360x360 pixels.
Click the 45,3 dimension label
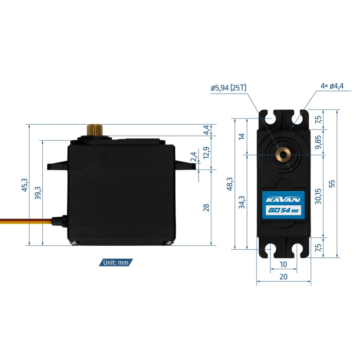pyautogui.click(x=25, y=185)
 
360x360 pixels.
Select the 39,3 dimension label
pyautogui.click(x=38, y=192)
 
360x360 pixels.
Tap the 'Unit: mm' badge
pyautogui.click(x=116, y=262)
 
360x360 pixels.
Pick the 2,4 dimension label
pyautogui.click(x=194, y=157)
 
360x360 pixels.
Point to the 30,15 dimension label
pyautogui.click(x=319, y=196)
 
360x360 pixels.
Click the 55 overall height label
pyautogui.click(x=332, y=184)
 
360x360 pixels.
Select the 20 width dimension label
pyautogui.click(x=283, y=277)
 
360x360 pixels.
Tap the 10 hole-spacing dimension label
pyautogui.click(x=283, y=264)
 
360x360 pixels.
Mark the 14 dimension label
pyautogui.click(x=242, y=136)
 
